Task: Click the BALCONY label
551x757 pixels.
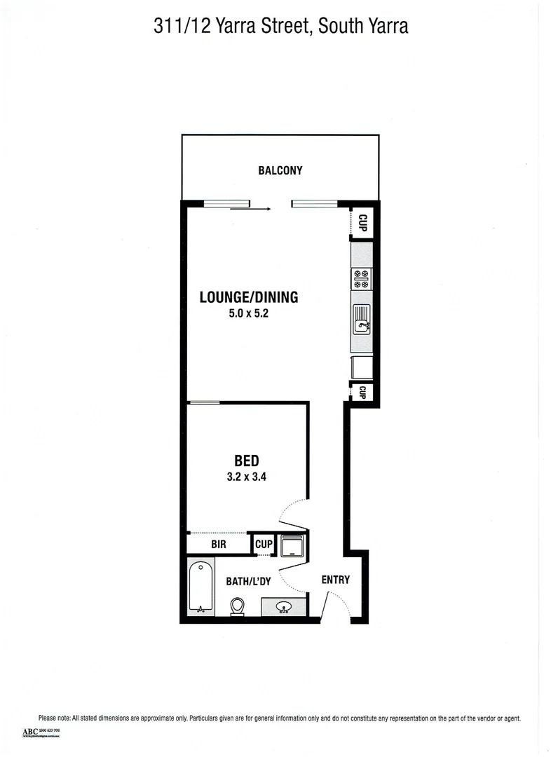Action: [x=280, y=170]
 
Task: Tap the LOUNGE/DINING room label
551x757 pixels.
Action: [x=249, y=297]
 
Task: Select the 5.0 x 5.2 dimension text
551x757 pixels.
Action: [x=249, y=315]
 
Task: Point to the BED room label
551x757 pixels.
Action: [x=247, y=461]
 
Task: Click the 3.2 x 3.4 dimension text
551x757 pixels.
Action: [x=247, y=477]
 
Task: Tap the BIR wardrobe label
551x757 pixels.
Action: [x=218, y=544]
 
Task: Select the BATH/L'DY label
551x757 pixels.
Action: [x=247, y=581]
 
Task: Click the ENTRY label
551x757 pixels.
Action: [x=335, y=580]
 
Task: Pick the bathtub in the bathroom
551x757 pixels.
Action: [x=201, y=587]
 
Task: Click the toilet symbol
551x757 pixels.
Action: [x=238, y=606]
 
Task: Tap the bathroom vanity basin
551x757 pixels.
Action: [x=285, y=607]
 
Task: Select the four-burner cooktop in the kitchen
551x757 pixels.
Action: [x=362, y=279]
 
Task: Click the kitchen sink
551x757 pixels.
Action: [x=362, y=322]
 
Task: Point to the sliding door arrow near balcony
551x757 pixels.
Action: [x=250, y=208]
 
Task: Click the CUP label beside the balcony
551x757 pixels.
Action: [x=362, y=224]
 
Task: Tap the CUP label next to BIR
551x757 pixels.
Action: [x=264, y=544]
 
